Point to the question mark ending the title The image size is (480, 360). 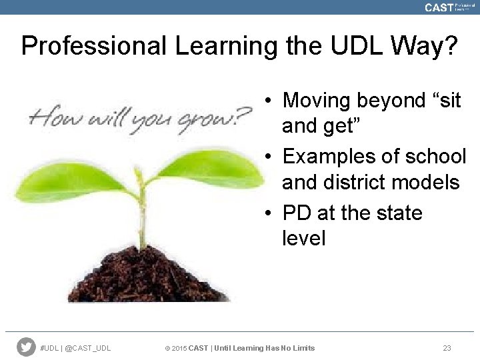[x=450, y=47]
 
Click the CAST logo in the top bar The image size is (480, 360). [x=438, y=7]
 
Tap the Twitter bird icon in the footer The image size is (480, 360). [x=26, y=347]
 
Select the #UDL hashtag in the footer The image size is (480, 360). [x=50, y=348]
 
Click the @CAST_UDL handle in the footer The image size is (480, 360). [x=89, y=348]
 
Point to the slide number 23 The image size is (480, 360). [x=447, y=348]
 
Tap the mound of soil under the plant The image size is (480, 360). [x=147, y=277]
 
